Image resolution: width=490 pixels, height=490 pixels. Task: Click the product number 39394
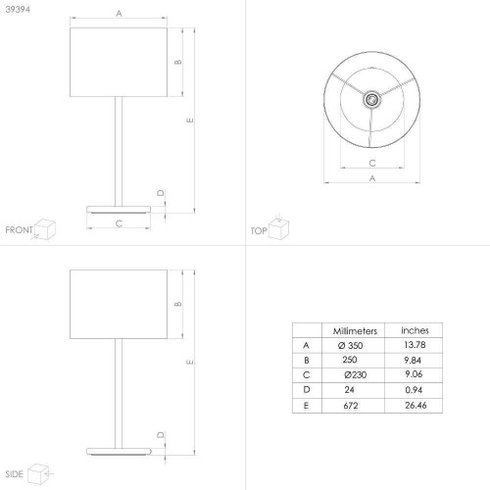tap(18, 10)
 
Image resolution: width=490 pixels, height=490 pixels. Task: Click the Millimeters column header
tap(355, 331)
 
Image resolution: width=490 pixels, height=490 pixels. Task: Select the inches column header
tap(415, 330)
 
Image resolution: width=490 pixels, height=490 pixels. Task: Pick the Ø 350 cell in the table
tap(350, 345)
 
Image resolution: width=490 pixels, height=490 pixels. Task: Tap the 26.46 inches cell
tap(416, 406)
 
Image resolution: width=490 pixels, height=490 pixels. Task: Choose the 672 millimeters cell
tap(351, 406)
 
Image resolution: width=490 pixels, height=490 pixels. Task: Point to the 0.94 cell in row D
tap(414, 390)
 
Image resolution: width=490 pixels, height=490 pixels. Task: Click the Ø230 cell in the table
tap(355, 374)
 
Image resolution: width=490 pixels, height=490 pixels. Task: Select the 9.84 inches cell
tap(413, 360)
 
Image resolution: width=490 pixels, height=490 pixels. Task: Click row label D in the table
tap(307, 390)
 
